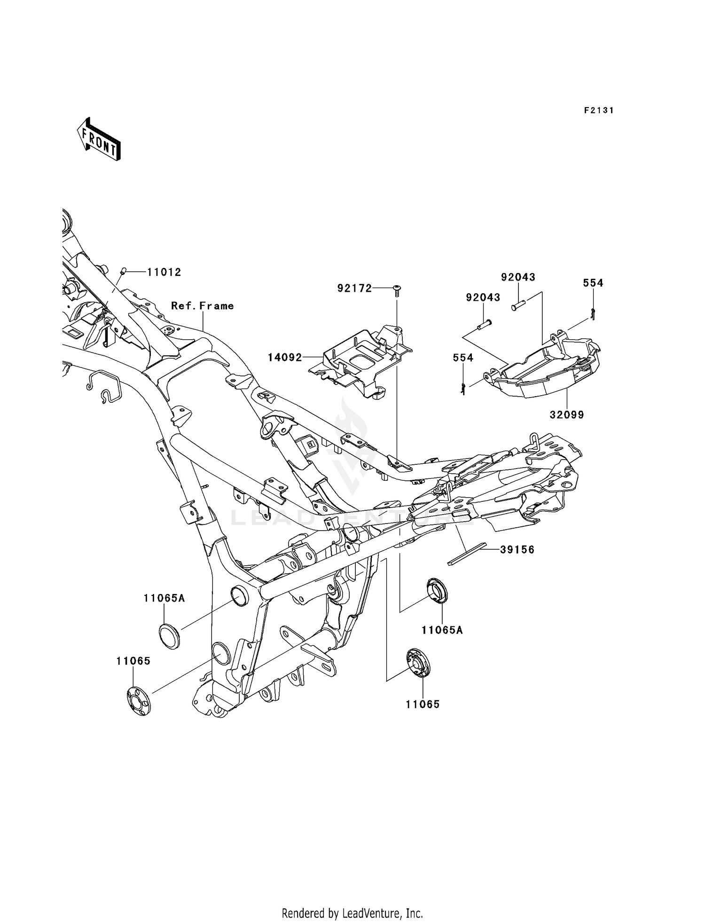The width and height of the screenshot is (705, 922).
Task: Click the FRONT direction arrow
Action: (99, 140)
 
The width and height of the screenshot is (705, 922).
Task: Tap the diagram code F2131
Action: (599, 110)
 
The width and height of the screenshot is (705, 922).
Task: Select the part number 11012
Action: (164, 272)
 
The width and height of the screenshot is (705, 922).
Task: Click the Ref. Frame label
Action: (202, 306)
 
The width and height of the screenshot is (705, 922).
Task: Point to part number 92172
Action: (354, 288)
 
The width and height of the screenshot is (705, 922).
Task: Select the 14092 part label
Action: (285, 358)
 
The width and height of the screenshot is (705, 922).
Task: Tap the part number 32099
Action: (566, 415)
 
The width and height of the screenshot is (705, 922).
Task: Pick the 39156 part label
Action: (517, 549)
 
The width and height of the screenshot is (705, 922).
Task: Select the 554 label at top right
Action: (593, 283)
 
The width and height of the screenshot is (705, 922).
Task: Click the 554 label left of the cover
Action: (463, 358)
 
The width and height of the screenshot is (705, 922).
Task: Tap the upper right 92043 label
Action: (518, 277)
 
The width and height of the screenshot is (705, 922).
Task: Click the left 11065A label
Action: (164, 598)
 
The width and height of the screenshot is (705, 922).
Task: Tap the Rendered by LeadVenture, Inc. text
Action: (352, 913)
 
